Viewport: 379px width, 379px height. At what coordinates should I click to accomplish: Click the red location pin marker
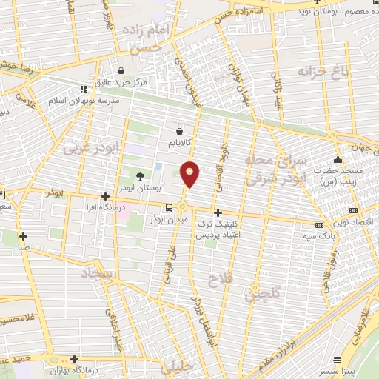pos(190,175)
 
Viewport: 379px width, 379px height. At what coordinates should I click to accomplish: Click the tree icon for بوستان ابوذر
pos(140,175)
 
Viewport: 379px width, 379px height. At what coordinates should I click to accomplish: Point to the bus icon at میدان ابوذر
pos(170,207)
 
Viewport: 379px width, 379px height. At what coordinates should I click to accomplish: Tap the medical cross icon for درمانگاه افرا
pos(106,197)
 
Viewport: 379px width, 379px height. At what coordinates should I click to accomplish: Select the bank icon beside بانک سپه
pos(319,225)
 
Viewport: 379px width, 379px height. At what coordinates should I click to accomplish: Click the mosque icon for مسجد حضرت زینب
pos(338,160)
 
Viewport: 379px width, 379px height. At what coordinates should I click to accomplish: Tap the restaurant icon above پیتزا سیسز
pos(338,356)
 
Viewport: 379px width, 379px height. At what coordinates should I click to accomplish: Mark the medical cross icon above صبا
pos(24,237)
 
